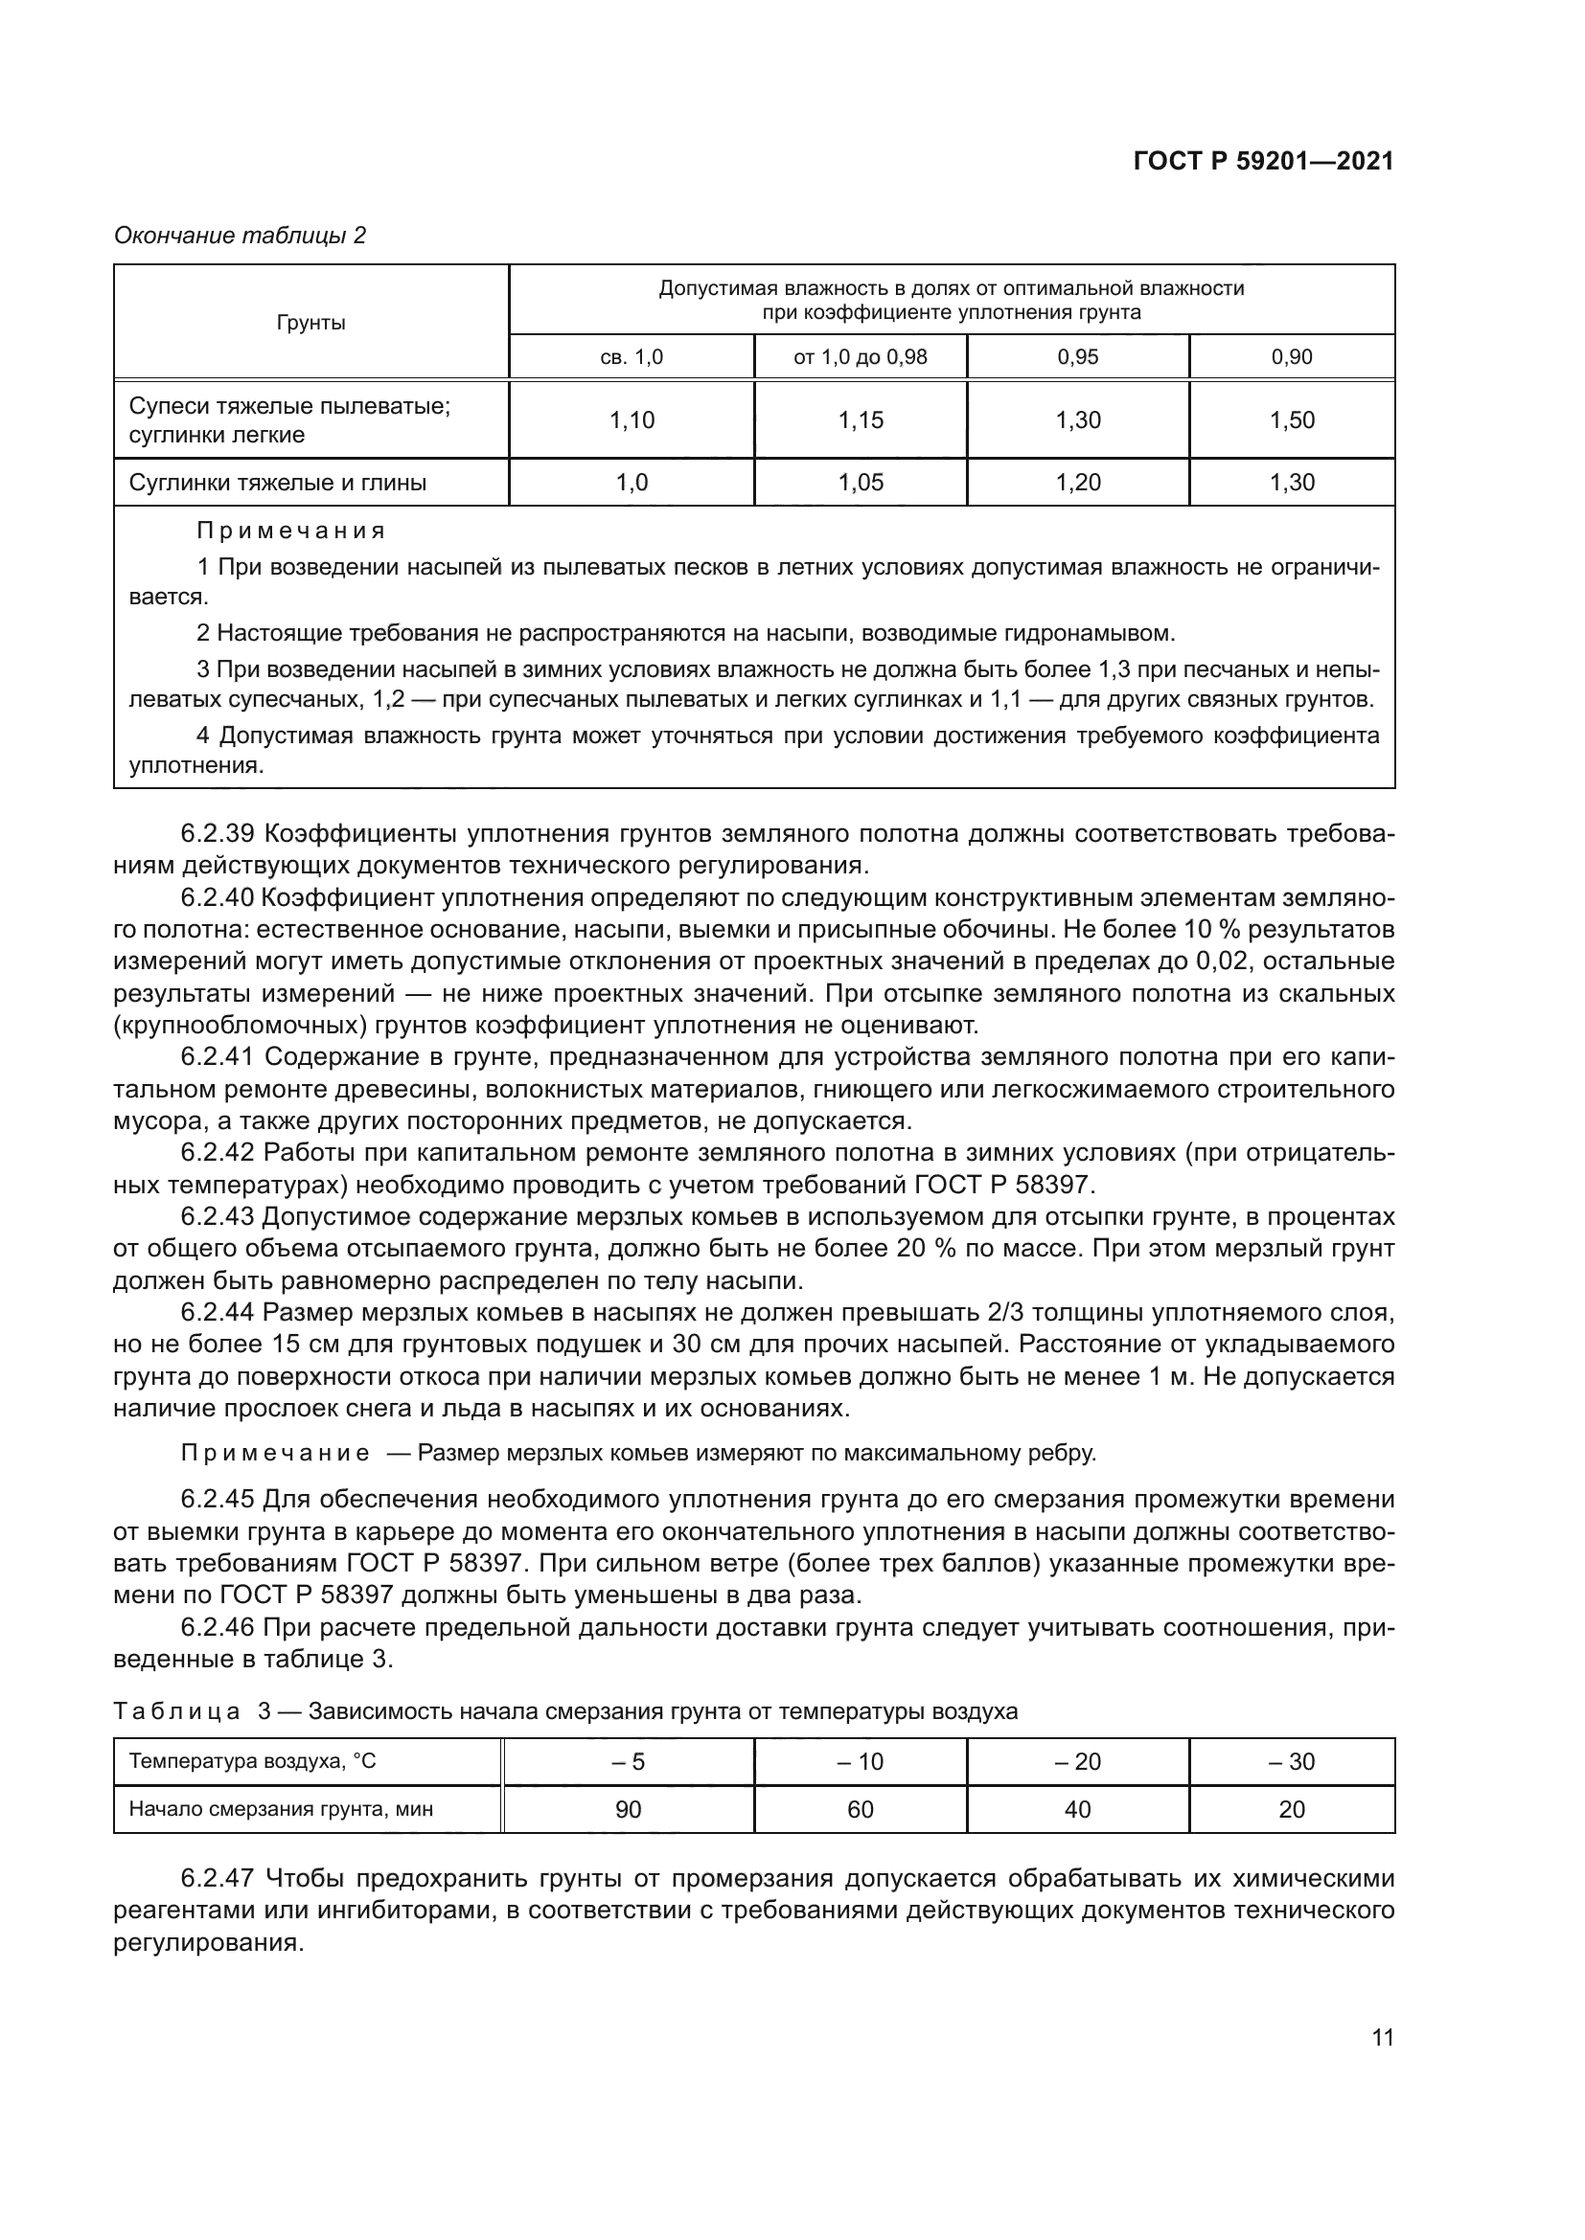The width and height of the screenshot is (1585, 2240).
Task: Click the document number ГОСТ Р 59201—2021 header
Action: [1263, 161]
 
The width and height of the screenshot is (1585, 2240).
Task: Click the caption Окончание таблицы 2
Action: [241, 236]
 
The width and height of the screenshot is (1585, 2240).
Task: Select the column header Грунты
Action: [310, 323]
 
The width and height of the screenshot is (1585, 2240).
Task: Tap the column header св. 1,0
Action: [631, 357]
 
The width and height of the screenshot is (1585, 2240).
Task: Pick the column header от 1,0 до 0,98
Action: [860, 357]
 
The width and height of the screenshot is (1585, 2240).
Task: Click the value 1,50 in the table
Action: [1291, 420]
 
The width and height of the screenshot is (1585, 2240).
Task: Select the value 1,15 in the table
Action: [860, 420]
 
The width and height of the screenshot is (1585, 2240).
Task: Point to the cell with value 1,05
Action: [860, 483]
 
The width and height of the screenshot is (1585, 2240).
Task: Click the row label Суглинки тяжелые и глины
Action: [277, 483]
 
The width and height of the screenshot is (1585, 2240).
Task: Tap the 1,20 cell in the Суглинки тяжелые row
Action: [1077, 483]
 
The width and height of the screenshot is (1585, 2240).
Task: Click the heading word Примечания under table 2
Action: [291, 531]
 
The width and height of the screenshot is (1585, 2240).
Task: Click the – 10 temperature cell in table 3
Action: [860, 1761]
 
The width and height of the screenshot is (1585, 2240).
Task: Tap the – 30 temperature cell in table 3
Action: [1291, 1761]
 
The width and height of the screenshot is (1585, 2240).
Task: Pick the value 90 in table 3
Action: [628, 1810]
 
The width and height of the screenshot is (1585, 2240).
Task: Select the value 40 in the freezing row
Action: [1077, 1810]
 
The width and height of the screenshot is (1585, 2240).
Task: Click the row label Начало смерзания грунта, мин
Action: [281, 1810]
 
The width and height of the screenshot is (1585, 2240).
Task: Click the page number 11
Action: [1382, 2037]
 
